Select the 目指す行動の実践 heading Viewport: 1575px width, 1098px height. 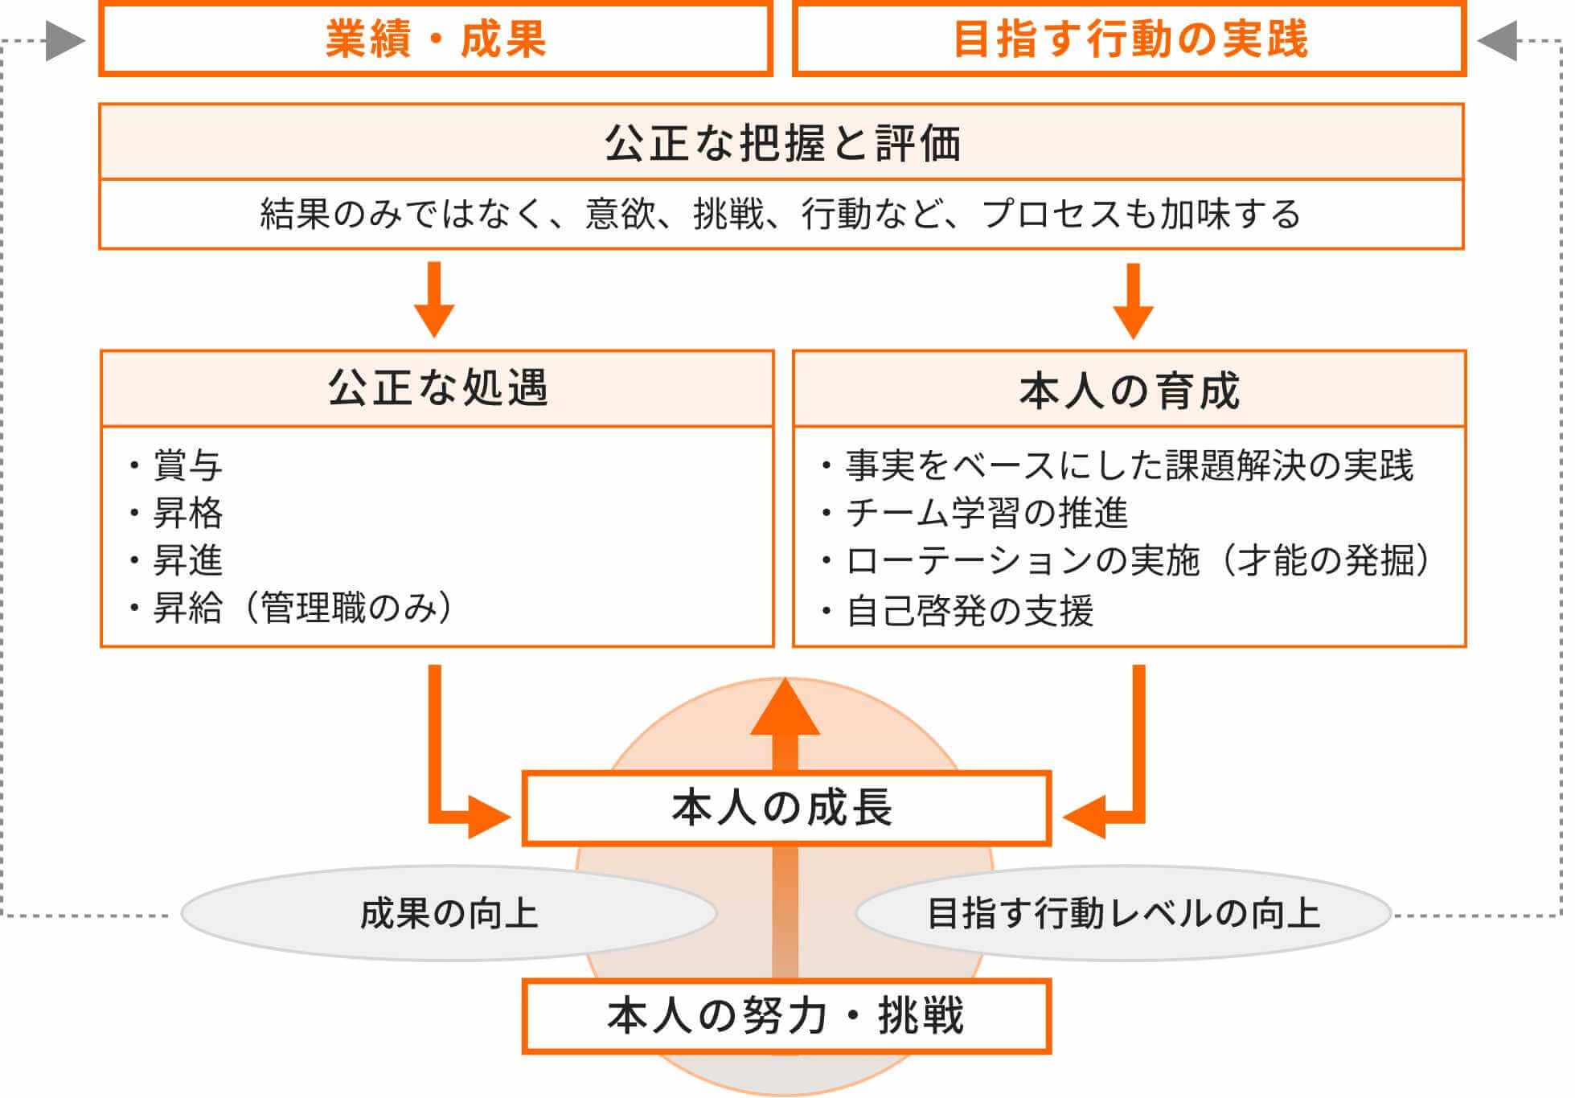click(1130, 39)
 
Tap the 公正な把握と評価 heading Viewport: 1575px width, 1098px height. click(781, 143)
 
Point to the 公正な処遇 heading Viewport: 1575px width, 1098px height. click(437, 388)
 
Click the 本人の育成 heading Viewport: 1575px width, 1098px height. click(1130, 391)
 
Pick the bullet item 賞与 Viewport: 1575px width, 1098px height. click(187, 465)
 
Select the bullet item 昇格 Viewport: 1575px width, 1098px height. click(187, 513)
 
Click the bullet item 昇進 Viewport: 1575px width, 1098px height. click(187, 560)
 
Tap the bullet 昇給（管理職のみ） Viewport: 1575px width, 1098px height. click(301, 608)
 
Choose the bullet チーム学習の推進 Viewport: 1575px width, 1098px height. click(986, 513)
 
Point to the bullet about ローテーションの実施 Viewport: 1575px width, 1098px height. click(1137, 560)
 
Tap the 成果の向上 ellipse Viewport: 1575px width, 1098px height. click(449, 913)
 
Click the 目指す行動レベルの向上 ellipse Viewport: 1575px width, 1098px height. click(1123, 913)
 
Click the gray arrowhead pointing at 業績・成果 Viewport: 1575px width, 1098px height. click(65, 40)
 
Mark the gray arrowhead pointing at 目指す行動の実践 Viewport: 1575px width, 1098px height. click(1497, 40)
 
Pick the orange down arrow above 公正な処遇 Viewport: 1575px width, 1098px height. click(434, 301)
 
